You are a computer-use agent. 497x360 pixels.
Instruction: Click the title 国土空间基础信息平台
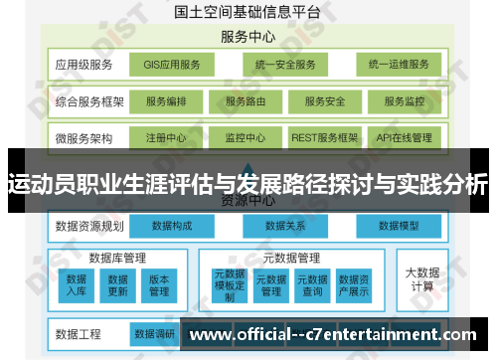click(248, 14)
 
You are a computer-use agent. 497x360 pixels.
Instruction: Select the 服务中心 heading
click(248, 37)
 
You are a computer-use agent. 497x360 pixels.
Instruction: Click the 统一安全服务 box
click(284, 66)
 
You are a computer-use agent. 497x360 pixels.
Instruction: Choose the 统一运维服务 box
click(398, 66)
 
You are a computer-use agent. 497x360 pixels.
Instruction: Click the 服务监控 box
click(404, 101)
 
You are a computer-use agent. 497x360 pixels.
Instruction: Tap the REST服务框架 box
click(323, 137)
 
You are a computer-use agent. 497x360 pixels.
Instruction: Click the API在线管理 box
click(404, 137)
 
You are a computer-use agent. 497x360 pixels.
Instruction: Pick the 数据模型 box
click(398, 227)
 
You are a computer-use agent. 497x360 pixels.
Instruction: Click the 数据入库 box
click(77, 284)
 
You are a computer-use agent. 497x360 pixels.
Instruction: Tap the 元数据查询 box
click(313, 284)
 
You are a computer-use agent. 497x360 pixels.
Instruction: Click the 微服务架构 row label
click(84, 137)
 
